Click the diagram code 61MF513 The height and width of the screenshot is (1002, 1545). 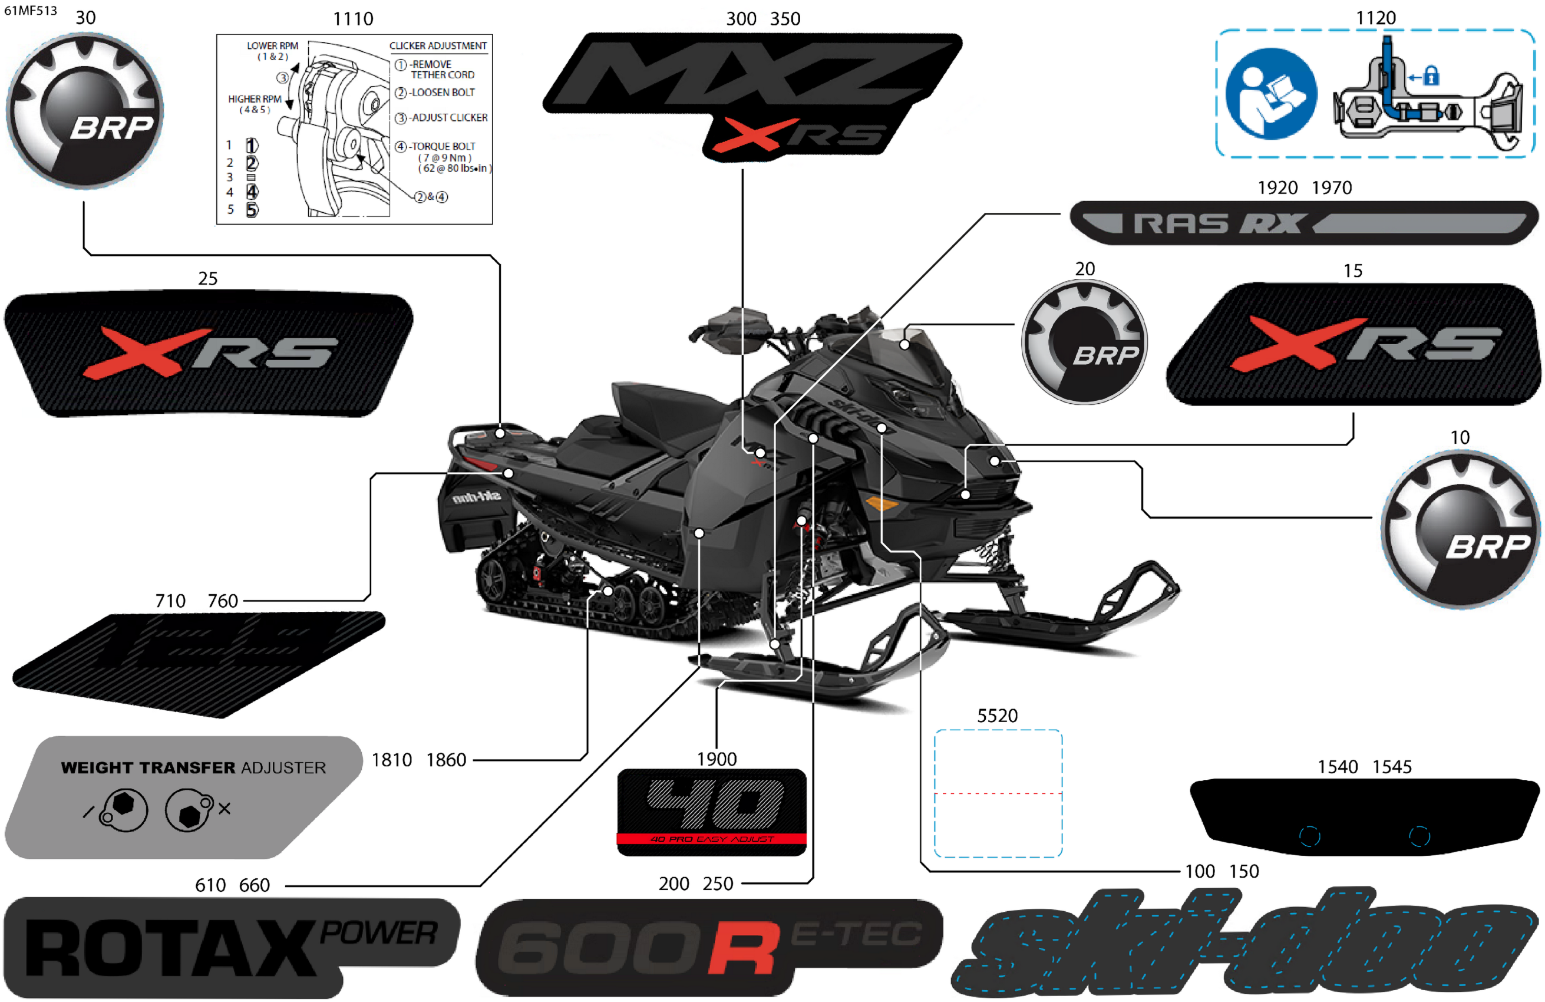coord(31,11)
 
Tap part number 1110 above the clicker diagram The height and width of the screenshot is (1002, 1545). coord(352,19)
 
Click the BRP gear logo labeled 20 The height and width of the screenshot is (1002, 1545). coord(1084,342)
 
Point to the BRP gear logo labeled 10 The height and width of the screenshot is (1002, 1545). coord(1461,529)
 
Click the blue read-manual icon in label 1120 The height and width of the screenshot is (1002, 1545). coord(1270,94)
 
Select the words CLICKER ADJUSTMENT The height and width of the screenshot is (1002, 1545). coord(438,45)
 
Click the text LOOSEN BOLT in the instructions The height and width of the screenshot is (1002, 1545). coord(443,92)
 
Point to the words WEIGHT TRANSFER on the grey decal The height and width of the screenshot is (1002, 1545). coord(147,767)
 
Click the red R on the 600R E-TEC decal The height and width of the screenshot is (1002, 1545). coord(743,949)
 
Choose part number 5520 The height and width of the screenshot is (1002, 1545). coord(997,716)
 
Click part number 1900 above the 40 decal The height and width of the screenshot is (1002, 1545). coord(716,759)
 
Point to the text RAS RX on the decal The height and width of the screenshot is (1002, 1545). coord(1217,224)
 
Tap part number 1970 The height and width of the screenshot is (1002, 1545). coord(1332,187)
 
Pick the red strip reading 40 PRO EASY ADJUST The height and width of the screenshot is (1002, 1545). coord(711,839)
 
